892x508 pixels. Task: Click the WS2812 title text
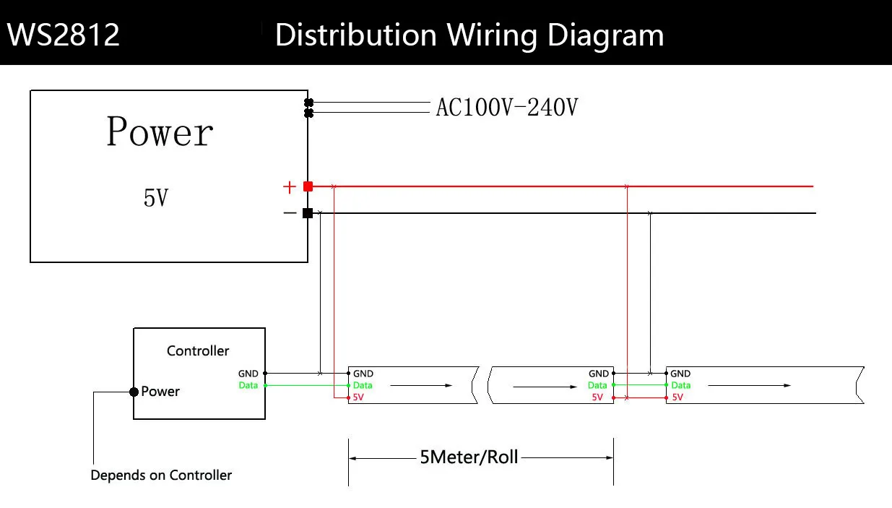point(64,35)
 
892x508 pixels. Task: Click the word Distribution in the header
point(355,35)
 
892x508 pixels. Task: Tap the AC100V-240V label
point(507,108)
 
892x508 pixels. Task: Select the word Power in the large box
point(160,132)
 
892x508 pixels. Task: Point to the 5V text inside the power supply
point(157,197)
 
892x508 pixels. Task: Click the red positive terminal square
point(308,186)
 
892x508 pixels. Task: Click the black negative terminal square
point(308,212)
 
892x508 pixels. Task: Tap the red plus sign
point(289,187)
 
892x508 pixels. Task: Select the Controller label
point(198,350)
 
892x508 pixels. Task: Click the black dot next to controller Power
point(134,392)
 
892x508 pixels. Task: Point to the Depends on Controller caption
point(161,475)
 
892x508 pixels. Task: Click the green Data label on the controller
point(248,385)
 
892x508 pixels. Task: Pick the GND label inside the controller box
point(248,374)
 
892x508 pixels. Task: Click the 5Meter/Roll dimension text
point(469,457)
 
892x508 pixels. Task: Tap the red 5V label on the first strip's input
point(359,397)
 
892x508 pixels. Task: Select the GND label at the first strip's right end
point(599,374)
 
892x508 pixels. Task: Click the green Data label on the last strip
point(680,385)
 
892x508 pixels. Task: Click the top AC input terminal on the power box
point(309,103)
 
